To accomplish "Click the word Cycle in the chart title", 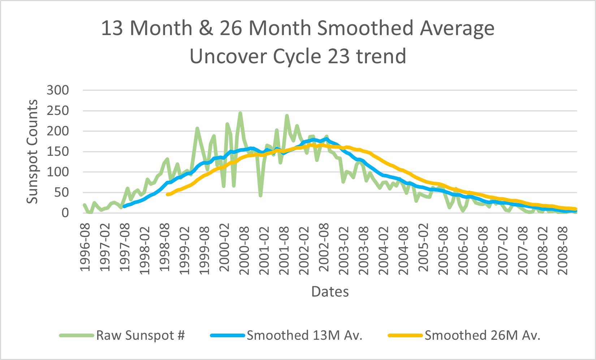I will [x=298, y=56].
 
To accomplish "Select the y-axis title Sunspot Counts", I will [x=33, y=152].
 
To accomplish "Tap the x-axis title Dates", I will [x=330, y=292].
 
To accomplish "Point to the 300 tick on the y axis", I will [x=58, y=90].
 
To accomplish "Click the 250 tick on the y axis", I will [x=58, y=111].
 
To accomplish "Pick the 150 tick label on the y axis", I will [x=58, y=151].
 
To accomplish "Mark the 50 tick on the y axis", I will [x=61, y=193].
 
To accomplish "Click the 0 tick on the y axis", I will [x=65, y=213].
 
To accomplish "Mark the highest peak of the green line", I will [x=240, y=113].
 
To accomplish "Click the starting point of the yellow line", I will [x=167, y=194].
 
